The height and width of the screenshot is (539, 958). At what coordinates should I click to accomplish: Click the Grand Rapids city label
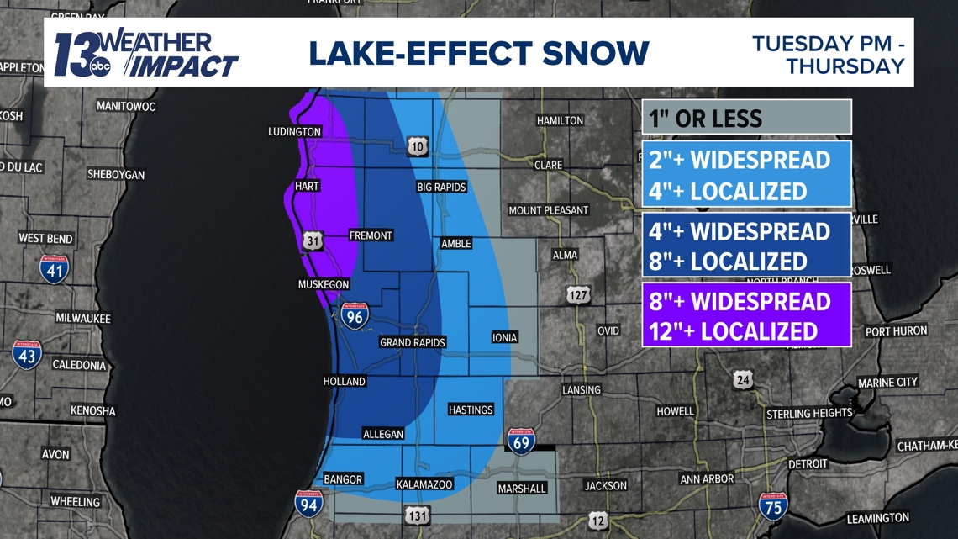click(412, 342)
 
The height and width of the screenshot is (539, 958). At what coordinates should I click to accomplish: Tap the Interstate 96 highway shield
click(355, 314)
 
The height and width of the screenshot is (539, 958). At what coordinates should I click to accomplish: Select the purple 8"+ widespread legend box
click(747, 314)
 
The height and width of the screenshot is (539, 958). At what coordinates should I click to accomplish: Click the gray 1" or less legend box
click(747, 117)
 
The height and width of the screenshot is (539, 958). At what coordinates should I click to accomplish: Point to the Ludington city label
click(294, 132)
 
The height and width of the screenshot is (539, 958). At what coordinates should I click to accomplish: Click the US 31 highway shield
click(313, 241)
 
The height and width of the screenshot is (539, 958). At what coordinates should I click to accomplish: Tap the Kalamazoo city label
click(424, 484)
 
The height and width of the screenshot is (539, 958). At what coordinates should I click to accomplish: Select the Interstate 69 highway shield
click(521, 441)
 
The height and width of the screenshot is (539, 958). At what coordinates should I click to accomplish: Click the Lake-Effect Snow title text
click(478, 52)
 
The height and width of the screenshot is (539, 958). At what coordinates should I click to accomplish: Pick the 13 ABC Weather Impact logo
click(145, 54)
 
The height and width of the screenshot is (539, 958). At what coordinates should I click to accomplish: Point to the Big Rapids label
click(441, 187)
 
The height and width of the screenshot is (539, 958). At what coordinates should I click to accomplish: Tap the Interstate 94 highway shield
click(308, 503)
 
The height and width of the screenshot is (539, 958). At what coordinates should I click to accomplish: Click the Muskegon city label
click(324, 285)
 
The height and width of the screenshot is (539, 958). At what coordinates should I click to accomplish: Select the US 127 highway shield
click(578, 295)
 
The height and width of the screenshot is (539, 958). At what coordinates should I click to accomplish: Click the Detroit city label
click(808, 463)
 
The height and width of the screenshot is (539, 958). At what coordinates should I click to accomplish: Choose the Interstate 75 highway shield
click(773, 505)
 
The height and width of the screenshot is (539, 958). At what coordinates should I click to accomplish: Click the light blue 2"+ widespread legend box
click(747, 175)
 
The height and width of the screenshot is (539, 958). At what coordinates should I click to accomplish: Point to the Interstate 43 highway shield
click(27, 355)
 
